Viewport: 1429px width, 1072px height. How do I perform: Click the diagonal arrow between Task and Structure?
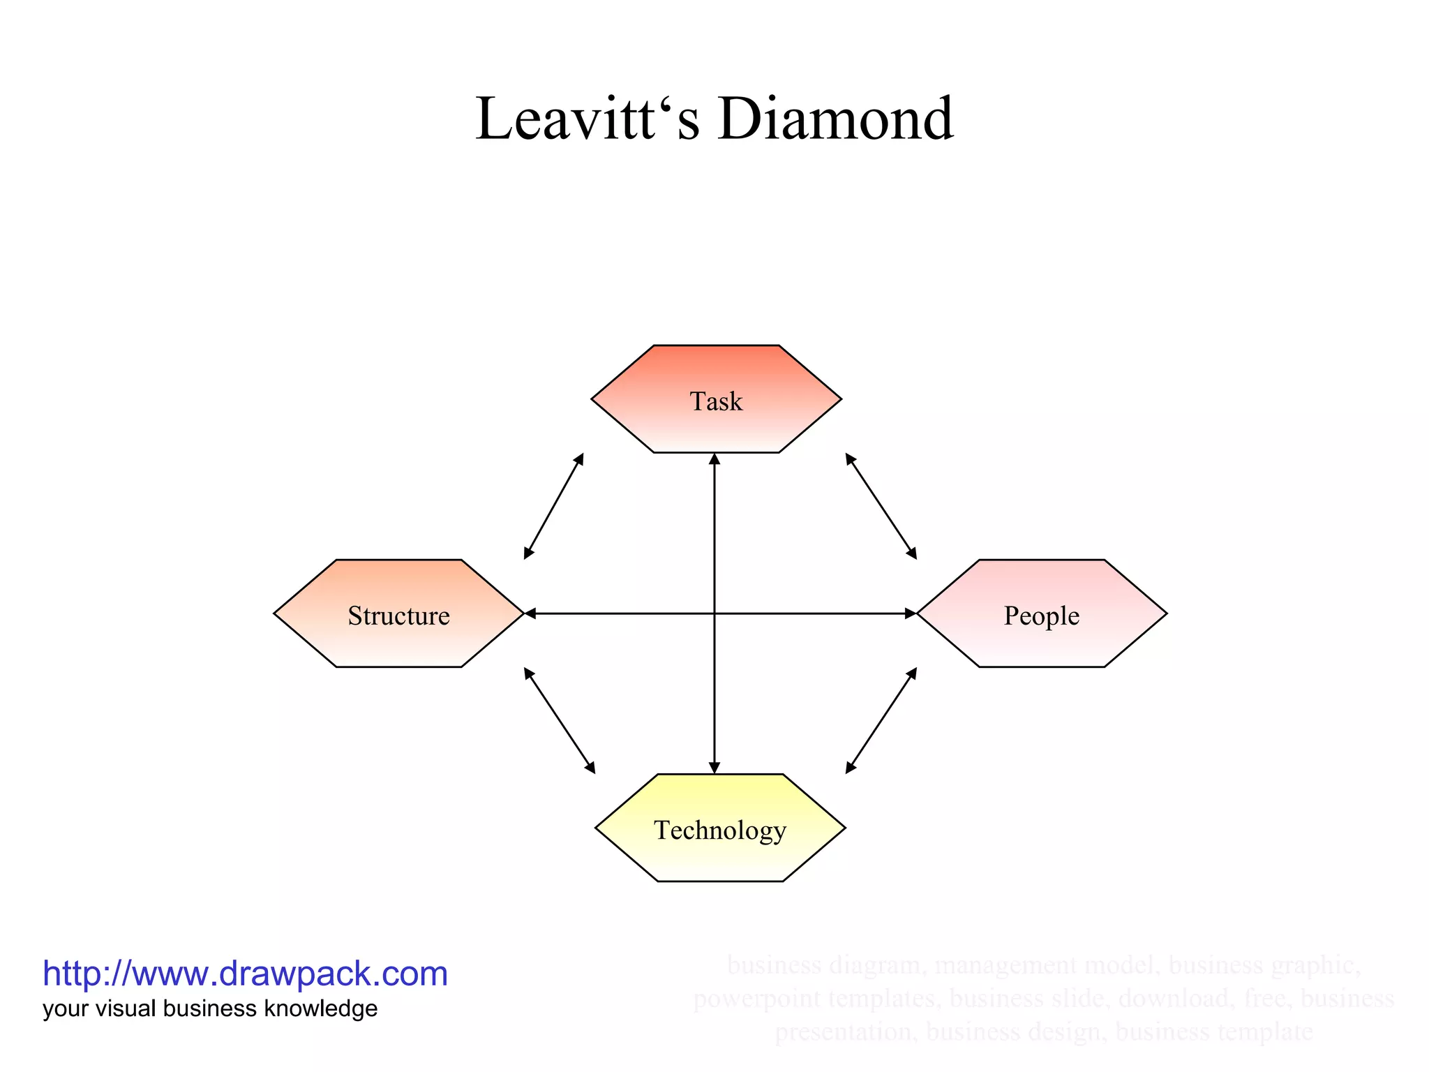coord(553,506)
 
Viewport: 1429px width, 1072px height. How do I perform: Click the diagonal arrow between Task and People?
coord(881,506)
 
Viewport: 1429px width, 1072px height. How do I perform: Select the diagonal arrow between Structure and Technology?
coord(560,720)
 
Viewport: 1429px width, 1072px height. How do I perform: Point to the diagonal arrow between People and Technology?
coord(881,720)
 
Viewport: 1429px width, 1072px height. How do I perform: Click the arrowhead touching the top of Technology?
coord(714,768)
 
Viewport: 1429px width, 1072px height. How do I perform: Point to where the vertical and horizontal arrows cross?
coord(714,613)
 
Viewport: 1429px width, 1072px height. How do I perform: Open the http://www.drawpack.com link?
coord(245,974)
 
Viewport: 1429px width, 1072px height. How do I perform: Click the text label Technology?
coord(719,831)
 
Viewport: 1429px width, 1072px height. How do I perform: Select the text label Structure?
coord(398,616)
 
